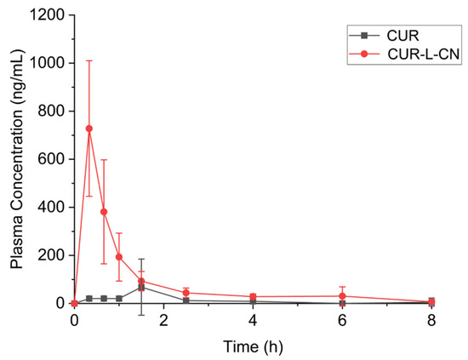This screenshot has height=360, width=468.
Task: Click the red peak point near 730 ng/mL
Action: [89, 129]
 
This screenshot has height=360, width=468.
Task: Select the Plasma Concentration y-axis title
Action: [17, 159]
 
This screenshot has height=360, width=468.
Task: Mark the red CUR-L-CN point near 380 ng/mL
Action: [104, 212]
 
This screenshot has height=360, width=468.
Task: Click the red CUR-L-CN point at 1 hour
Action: [119, 257]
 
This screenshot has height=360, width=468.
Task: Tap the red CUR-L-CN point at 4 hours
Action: [254, 296]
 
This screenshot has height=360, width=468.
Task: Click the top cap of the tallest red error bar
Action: [89, 61]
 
